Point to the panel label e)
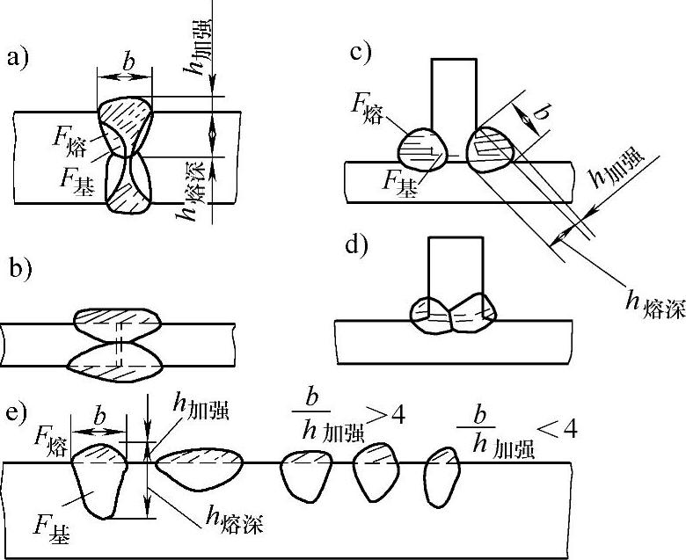click(x=18, y=412)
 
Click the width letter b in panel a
click(x=128, y=63)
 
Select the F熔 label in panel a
click(x=70, y=138)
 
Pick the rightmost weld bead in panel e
click(x=442, y=477)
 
